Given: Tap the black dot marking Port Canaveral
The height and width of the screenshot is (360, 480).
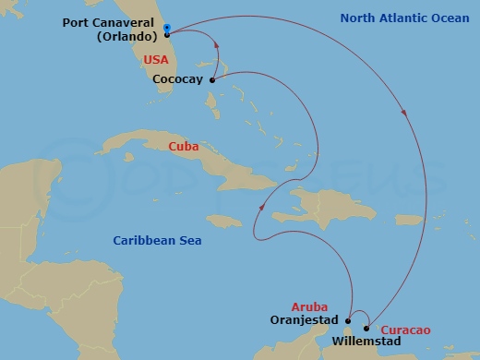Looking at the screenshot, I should (167, 34).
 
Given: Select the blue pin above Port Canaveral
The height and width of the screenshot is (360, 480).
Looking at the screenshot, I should (166, 27).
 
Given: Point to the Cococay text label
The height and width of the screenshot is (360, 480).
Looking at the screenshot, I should (177, 80).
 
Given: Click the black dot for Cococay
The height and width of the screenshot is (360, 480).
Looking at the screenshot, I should (212, 80).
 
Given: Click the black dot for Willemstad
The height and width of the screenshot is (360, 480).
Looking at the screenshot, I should (367, 329).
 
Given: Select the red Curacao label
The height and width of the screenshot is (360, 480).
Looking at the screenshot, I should (407, 330).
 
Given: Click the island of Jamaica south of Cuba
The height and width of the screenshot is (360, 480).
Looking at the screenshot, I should (224, 221).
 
